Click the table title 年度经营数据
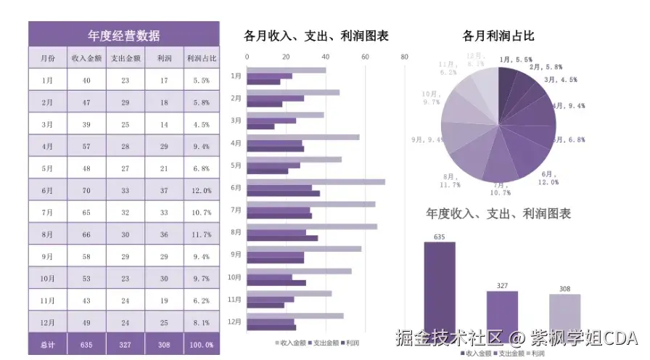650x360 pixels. [x=123, y=35]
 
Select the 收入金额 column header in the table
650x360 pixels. [x=86, y=58]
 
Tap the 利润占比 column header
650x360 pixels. [x=201, y=58]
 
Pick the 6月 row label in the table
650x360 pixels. [x=47, y=190]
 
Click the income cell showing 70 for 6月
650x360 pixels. [x=86, y=190]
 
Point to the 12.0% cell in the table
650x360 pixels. [x=201, y=190]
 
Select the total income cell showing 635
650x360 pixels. [x=86, y=345]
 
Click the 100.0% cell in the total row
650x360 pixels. [x=201, y=345]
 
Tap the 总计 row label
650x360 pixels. [x=47, y=345]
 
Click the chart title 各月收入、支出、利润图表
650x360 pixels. [x=316, y=35]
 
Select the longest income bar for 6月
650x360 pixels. [x=316, y=182]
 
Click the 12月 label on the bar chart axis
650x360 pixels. [x=235, y=322]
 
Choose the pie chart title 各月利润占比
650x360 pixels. [x=498, y=35]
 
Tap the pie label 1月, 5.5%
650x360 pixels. [x=516, y=60]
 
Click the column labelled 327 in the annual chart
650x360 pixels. [x=502, y=312]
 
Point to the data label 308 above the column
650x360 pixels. [x=564, y=289]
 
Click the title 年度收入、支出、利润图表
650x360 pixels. [x=498, y=213]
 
